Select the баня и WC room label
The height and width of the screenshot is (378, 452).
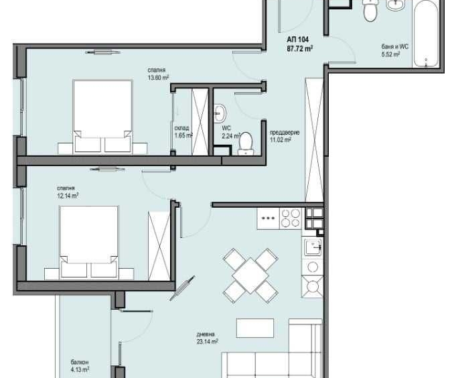pos(394,46)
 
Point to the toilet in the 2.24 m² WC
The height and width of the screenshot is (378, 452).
pos(246,143)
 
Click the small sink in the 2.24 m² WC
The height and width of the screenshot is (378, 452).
pos(221,111)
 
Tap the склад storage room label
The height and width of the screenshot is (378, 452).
pos(181,127)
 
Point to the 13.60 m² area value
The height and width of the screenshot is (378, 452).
pos(158,77)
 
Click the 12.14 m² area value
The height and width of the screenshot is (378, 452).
pos(68,196)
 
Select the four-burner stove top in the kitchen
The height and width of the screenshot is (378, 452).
pos(290,218)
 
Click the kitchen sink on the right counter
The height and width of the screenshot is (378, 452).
pos(313,247)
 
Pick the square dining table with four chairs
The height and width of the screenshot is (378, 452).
pos(250,275)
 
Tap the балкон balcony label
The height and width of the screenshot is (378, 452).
pos(79,361)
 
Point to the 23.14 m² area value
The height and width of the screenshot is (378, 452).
pos(208,341)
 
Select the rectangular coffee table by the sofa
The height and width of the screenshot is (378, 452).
pos(255,328)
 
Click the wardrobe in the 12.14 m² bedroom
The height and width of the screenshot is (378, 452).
pos(159,243)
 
